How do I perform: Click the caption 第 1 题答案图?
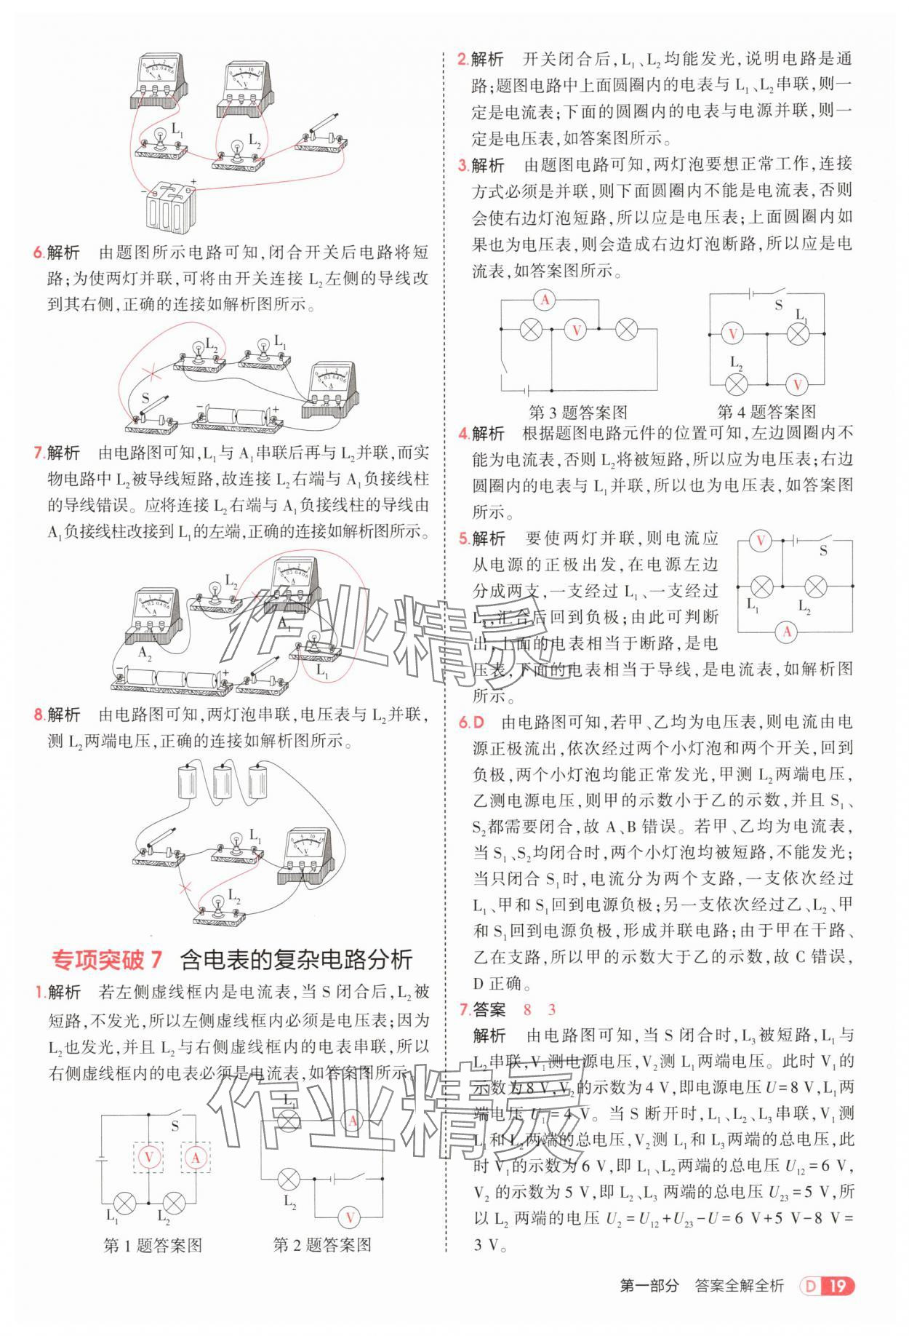point(153,1245)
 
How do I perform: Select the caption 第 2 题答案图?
point(322,1245)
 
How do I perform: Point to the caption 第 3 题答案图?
point(578,413)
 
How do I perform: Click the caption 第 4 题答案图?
point(766,413)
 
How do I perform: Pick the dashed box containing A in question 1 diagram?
point(195,1157)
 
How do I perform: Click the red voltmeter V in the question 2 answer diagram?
point(349,1217)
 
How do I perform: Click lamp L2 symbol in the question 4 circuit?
point(737,384)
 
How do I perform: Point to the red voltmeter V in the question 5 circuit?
point(761,541)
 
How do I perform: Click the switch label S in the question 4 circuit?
point(778,305)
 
